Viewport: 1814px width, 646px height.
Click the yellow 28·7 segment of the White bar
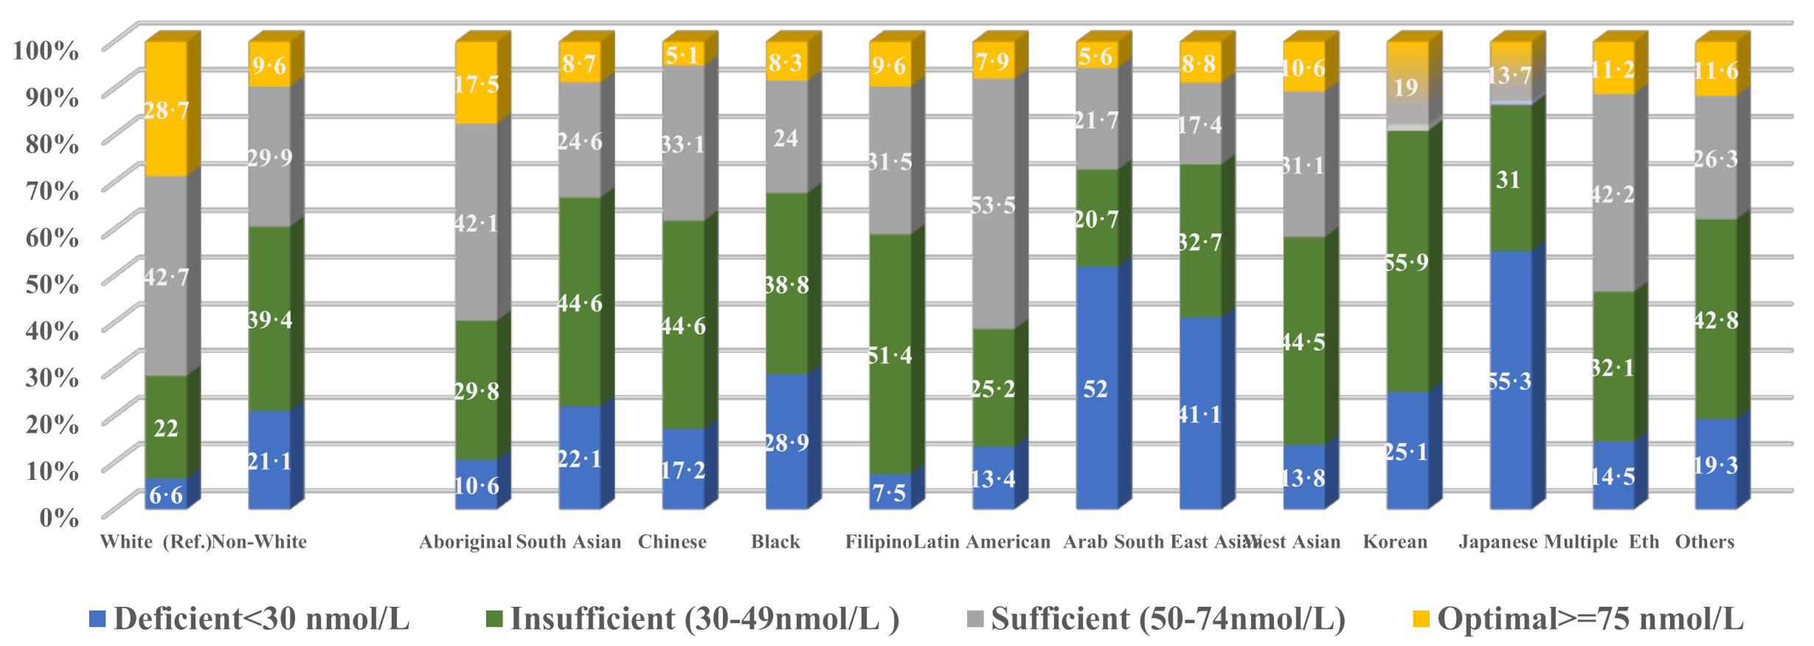(166, 111)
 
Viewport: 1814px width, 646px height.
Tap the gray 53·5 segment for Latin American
(993, 205)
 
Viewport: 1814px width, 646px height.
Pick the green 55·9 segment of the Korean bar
(1407, 262)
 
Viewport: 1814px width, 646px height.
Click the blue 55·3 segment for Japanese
(1510, 380)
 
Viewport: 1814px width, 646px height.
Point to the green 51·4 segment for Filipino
(890, 355)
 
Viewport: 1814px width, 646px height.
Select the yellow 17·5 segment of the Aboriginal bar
(476, 83)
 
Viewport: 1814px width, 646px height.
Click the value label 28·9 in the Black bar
(786, 442)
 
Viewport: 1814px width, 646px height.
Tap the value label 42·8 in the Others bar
(1716, 320)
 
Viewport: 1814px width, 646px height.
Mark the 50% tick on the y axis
(52, 284)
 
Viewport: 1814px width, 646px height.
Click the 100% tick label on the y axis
(46, 50)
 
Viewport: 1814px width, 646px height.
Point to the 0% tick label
(59, 517)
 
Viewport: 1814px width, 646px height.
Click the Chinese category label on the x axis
(672, 542)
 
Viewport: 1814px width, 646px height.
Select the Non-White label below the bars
(259, 542)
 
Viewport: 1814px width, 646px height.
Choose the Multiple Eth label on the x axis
(1602, 542)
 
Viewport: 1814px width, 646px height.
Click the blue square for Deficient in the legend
(97, 619)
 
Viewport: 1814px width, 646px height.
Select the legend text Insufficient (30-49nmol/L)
(705, 619)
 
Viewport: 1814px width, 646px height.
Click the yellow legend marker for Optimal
(1420, 619)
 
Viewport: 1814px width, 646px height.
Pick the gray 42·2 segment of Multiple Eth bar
(1613, 194)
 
